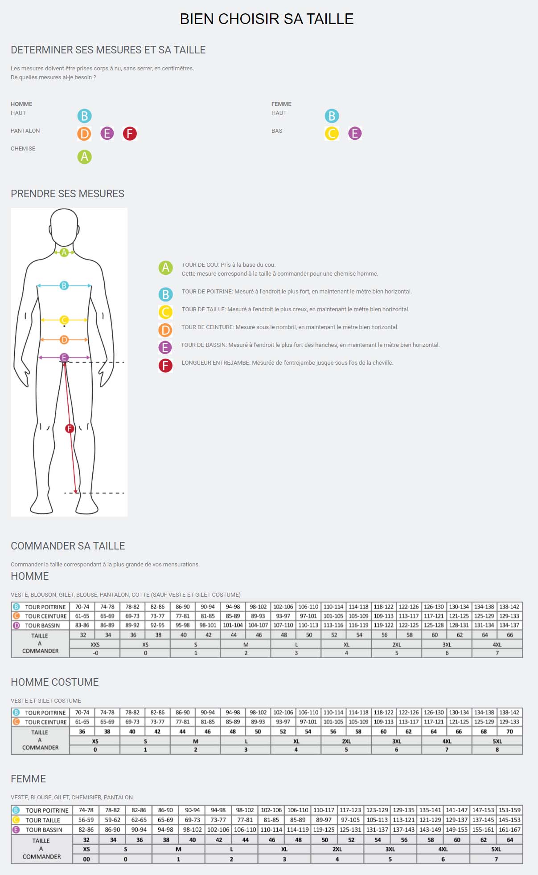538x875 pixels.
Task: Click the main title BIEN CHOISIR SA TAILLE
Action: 267,19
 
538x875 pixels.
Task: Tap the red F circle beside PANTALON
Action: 130,133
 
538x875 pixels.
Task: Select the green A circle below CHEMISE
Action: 84,157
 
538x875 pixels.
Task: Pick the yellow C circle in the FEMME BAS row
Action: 332,133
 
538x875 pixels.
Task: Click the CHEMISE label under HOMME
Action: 23,149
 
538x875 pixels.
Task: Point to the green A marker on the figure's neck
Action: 64,252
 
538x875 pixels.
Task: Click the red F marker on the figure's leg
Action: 70,429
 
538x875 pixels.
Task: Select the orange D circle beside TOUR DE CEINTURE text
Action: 165,330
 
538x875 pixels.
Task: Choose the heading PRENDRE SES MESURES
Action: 67,194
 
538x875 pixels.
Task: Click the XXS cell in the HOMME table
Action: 95,644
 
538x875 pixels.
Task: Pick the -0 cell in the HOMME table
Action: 95,653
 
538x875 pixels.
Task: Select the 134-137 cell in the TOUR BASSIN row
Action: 509,625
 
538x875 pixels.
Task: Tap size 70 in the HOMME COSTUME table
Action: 510,731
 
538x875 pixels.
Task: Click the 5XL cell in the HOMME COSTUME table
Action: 497,741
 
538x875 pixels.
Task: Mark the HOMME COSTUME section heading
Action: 55,682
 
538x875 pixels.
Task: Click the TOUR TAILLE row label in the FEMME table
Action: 43,820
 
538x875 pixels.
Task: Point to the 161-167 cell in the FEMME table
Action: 509,830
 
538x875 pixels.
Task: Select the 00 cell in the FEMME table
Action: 86,859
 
